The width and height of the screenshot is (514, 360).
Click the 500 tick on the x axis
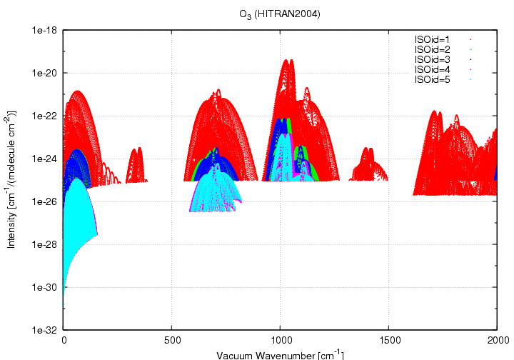pyautogui.click(x=172, y=340)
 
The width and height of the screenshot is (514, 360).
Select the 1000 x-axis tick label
pyautogui.click(x=281, y=340)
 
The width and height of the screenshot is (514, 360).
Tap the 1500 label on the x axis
pyautogui.click(x=389, y=340)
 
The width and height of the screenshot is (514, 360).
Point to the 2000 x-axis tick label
pyautogui.click(x=497, y=340)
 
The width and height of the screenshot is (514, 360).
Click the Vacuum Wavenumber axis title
pyautogui.click(x=280, y=354)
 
